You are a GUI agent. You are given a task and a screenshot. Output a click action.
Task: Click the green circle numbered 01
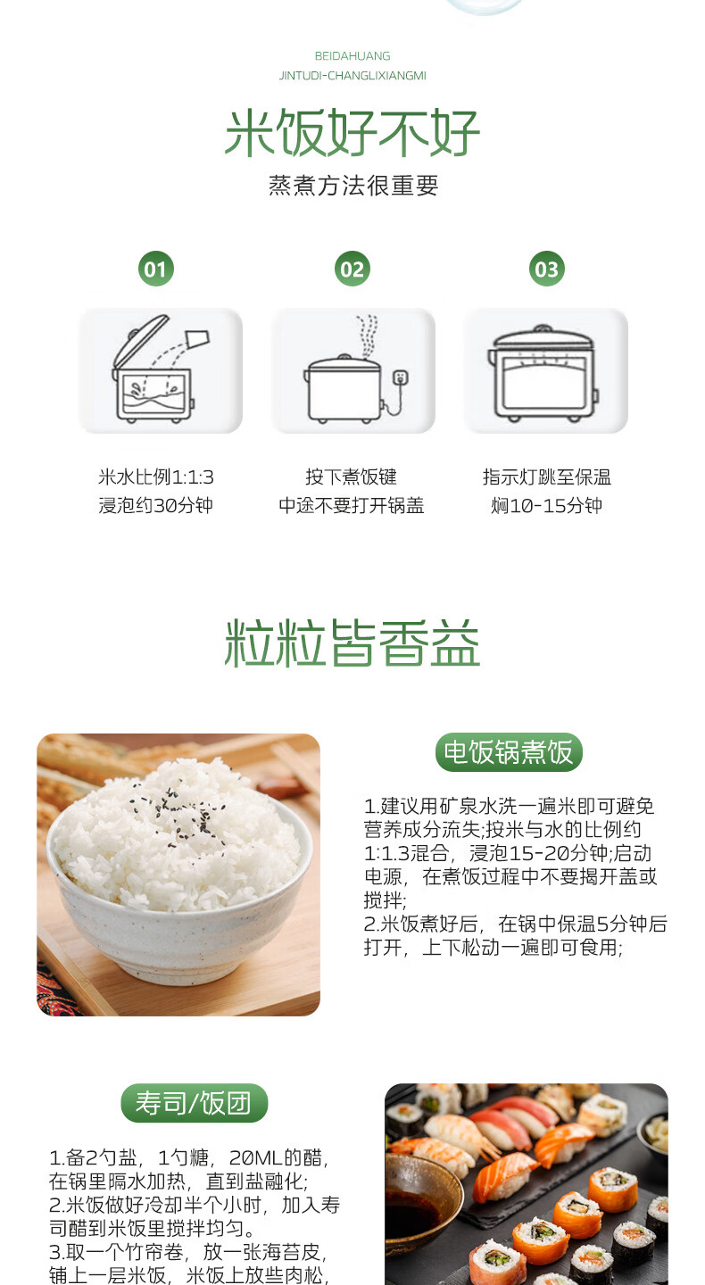point(155,269)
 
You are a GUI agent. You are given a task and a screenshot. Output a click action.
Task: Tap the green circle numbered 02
point(352,269)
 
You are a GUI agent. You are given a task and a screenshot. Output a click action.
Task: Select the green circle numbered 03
point(547,269)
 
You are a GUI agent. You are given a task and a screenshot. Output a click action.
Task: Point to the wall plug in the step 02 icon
point(401,377)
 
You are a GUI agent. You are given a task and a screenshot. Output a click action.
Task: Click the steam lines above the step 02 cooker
point(367,336)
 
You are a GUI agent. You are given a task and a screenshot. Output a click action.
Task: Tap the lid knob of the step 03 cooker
point(542,329)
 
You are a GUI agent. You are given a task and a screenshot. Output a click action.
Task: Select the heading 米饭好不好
point(352,132)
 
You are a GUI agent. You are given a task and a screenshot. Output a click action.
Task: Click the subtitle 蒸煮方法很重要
point(353,186)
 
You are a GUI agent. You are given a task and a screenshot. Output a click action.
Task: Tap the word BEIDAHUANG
point(352,56)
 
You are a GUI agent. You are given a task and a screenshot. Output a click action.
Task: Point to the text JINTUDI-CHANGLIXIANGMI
point(352,76)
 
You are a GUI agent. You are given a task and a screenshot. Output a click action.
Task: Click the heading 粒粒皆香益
point(352,643)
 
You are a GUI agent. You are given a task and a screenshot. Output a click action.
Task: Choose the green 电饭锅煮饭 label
point(509,752)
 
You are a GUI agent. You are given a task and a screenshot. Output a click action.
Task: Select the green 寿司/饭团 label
point(194,1103)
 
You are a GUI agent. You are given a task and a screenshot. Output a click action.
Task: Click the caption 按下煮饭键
point(351,477)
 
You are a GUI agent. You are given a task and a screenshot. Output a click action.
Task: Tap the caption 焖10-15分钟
point(547,505)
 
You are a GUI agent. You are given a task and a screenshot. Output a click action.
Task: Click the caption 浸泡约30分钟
point(155,505)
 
